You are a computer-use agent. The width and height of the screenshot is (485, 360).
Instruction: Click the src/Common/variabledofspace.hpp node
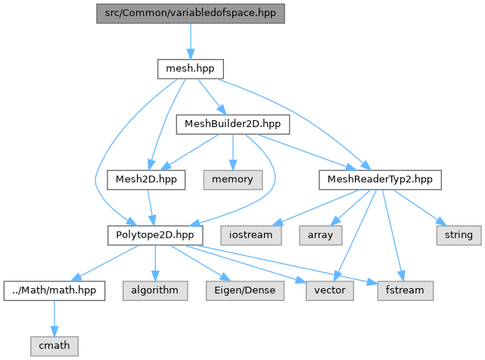(x=191, y=14)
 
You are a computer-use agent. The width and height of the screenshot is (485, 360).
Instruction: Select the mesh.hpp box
(x=191, y=69)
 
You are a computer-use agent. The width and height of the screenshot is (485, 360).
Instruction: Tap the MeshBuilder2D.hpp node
(x=233, y=124)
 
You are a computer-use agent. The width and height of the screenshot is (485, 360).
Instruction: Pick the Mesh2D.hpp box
(x=146, y=180)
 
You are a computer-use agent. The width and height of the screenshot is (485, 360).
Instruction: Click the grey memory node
(x=233, y=180)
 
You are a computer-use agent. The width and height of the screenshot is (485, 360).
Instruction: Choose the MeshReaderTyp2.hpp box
(x=380, y=180)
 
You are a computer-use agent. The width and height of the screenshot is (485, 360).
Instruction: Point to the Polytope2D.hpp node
(x=155, y=235)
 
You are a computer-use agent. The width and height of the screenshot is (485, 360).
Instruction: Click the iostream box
(x=251, y=235)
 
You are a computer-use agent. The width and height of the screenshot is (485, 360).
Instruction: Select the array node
(x=321, y=235)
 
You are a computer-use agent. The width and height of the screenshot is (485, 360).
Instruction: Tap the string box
(x=459, y=235)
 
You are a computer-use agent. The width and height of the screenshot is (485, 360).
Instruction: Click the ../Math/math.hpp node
(x=54, y=290)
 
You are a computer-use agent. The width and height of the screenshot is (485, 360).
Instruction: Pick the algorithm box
(x=155, y=290)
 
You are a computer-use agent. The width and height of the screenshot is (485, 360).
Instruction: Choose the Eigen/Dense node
(x=245, y=290)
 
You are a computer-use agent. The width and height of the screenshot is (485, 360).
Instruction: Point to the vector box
(x=330, y=290)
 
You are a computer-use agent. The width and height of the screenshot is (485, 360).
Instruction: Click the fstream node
(x=406, y=290)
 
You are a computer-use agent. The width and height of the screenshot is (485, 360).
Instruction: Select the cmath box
(x=54, y=346)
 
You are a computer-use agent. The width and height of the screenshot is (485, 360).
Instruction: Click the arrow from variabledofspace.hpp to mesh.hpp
(x=191, y=41)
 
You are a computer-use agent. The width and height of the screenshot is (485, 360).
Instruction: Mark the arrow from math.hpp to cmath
(x=54, y=318)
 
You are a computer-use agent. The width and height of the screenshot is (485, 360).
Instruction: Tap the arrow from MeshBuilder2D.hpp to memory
(x=233, y=152)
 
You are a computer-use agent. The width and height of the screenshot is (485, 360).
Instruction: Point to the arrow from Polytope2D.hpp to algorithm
(x=155, y=263)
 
